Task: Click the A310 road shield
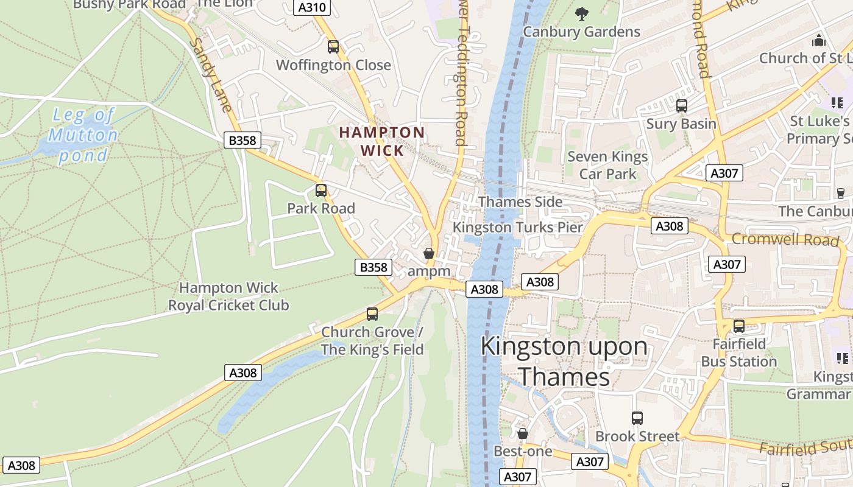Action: (x=312, y=7)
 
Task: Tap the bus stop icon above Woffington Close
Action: (x=333, y=47)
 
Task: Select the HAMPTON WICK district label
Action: (x=382, y=141)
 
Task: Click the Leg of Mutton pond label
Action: (x=83, y=135)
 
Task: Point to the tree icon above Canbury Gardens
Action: (x=582, y=13)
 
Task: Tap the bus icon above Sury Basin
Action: (x=682, y=106)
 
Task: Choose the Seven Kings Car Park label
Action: (x=607, y=165)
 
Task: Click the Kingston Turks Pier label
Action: (x=518, y=228)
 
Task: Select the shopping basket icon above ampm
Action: (x=429, y=253)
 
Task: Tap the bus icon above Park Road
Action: (x=321, y=191)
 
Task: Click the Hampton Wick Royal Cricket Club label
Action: (x=228, y=296)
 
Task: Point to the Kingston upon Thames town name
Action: (x=564, y=361)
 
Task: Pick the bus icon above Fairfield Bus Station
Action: (x=739, y=326)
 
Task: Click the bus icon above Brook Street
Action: (x=637, y=418)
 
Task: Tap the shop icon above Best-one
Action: (x=522, y=433)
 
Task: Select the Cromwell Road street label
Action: (x=785, y=239)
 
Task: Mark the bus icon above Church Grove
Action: (x=372, y=314)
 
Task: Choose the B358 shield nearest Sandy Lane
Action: (x=242, y=141)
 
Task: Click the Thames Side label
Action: (x=520, y=201)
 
